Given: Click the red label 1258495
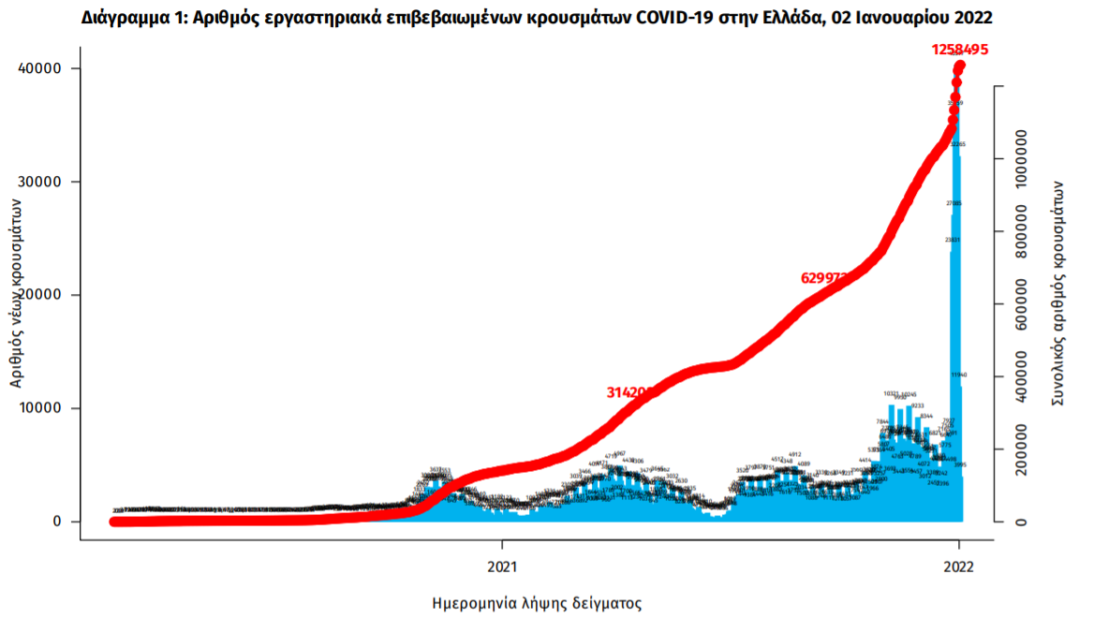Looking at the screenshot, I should (x=959, y=50).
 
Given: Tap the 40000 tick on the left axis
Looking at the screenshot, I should (x=40, y=68).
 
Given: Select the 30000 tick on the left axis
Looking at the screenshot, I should (x=40, y=182).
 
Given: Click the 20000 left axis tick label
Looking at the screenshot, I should (x=40, y=295).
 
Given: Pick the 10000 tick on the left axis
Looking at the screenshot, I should (x=40, y=408).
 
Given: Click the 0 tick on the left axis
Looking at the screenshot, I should (x=57, y=522).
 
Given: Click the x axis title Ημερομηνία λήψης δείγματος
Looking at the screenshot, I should (x=537, y=602).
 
